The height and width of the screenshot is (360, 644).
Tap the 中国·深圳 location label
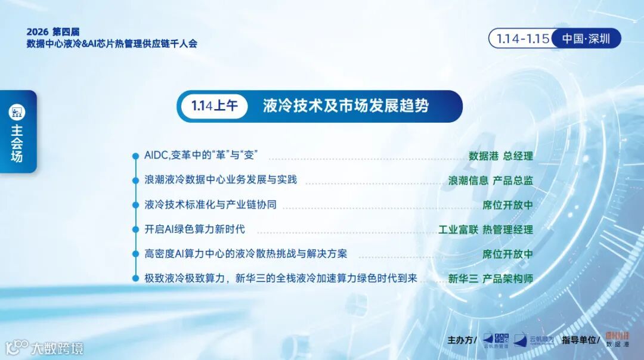(x=586, y=39)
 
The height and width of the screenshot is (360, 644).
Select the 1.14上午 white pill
(x=215, y=106)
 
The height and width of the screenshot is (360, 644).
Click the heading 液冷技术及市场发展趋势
(x=346, y=106)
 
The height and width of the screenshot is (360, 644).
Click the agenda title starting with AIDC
(x=205, y=156)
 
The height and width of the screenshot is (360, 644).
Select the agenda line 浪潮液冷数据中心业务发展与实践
(x=221, y=179)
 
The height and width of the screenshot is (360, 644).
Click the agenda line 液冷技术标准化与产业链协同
(x=210, y=204)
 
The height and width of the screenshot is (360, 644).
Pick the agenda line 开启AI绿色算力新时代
(x=194, y=229)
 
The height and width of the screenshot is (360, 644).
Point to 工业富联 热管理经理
(x=486, y=229)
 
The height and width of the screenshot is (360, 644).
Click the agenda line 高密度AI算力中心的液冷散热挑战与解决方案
(x=246, y=254)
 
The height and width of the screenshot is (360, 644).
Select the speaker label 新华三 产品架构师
(x=491, y=278)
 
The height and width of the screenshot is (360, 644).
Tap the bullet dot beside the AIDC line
(x=135, y=156)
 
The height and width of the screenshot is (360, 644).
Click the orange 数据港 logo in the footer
(x=617, y=340)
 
